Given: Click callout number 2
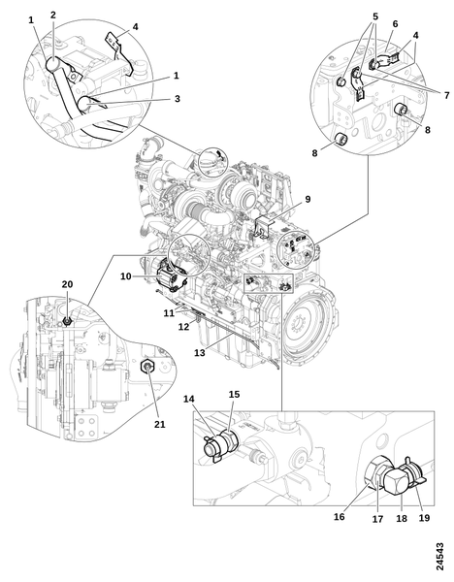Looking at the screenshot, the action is point(53,15).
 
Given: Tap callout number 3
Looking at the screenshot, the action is point(178,99).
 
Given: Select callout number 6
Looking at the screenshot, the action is point(395,23).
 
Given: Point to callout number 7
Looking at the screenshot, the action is point(446,95).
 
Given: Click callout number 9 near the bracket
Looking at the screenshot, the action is point(308,199).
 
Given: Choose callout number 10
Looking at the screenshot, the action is point(126,276).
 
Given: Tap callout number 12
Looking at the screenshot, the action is point(183,327).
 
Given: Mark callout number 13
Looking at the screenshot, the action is point(200,353).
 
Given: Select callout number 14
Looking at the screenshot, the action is point(188,399).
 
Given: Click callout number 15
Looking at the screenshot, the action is point(234,394).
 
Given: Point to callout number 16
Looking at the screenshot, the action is point(340,517).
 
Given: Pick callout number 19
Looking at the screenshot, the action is point(424,517).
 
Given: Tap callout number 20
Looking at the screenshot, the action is point(67,284).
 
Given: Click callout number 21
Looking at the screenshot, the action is point(160,424).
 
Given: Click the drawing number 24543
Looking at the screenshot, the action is point(439,557).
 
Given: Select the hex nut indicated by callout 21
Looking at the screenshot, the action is point(147,367).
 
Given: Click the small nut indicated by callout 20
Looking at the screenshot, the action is point(67,320).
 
